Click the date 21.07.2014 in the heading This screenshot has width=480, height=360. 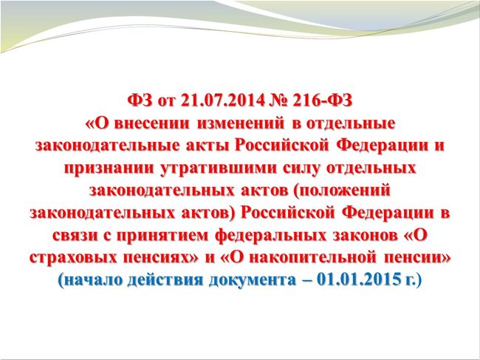[x=222, y=101]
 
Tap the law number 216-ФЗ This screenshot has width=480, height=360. [x=323, y=101]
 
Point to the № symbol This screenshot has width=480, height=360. [x=278, y=101]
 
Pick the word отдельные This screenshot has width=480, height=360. [x=351, y=123]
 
